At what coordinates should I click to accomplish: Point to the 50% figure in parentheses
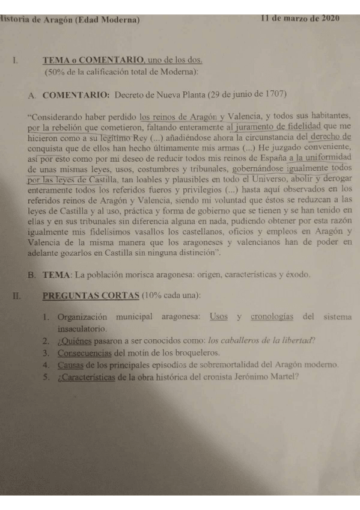click(x=58, y=72)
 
